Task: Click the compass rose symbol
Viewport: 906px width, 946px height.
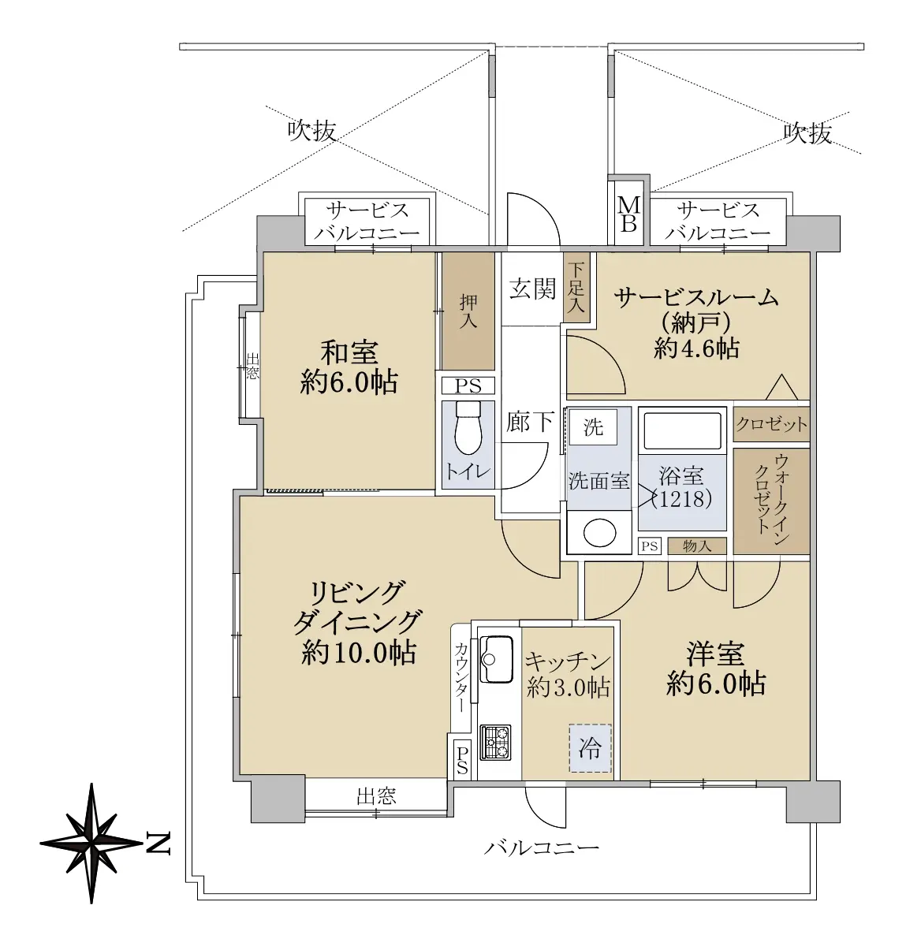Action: click(x=91, y=844)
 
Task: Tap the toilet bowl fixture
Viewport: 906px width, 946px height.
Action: click(x=468, y=428)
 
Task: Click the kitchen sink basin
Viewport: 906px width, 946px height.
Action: click(x=496, y=659)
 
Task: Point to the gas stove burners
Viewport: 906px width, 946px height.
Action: click(x=495, y=743)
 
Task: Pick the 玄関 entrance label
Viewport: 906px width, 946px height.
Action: click(x=532, y=289)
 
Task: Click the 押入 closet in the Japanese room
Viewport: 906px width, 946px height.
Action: click(x=468, y=311)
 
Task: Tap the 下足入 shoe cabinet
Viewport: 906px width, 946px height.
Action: click(x=576, y=287)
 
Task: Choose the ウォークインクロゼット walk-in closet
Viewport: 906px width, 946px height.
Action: click(x=771, y=501)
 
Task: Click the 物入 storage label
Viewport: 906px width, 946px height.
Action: click(x=697, y=546)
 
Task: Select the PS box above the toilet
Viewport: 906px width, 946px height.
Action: click(x=468, y=386)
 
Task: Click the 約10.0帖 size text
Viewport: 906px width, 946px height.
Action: click(x=359, y=653)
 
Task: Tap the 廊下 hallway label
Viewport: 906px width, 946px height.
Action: click(x=530, y=422)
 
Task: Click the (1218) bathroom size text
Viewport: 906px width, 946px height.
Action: click(x=682, y=498)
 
